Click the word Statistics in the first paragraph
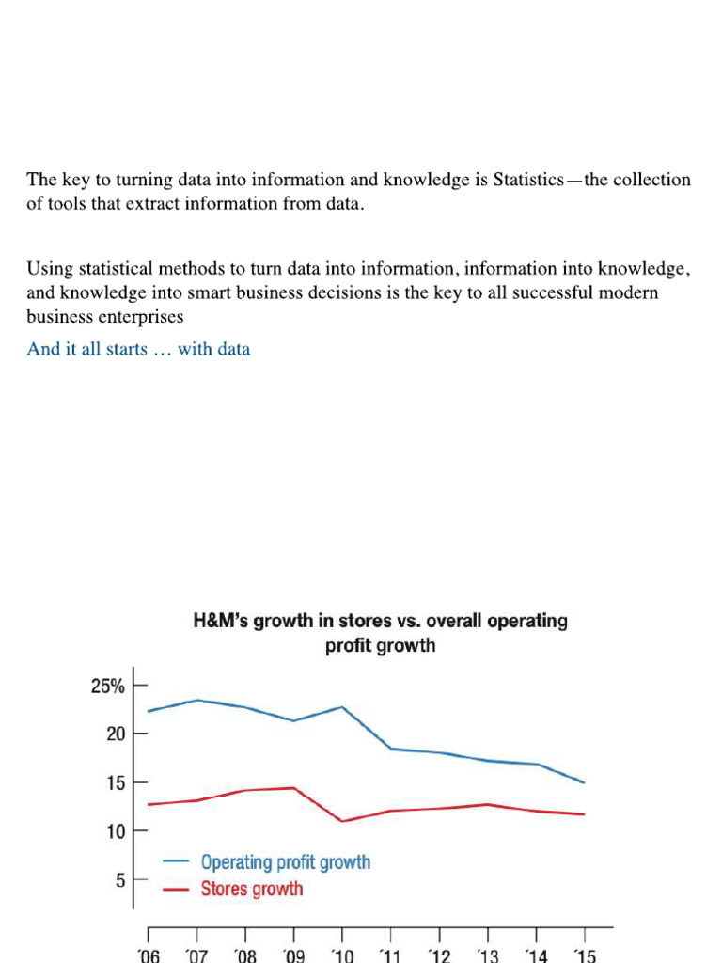(x=528, y=180)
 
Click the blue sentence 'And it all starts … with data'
(x=138, y=349)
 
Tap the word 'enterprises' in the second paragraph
(x=145, y=317)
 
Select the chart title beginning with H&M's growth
(x=380, y=633)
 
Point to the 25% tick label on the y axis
(x=107, y=686)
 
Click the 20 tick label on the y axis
(x=116, y=734)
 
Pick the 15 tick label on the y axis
(x=116, y=783)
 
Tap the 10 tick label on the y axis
(x=116, y=831)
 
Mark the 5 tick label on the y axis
(x=120, y=880)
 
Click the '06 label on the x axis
(x=149, y=955)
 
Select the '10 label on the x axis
(x=342, y=955)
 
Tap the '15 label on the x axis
(x=585, y=955)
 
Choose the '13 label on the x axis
(x=488, y=955)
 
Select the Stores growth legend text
(x=252, y=889)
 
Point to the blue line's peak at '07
(x=197, y=700)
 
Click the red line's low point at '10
(x=342, y=821)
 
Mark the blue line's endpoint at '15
(x=584, y=782)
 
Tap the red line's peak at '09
(x=294, y=788)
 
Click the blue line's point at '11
(x=391, y=749)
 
